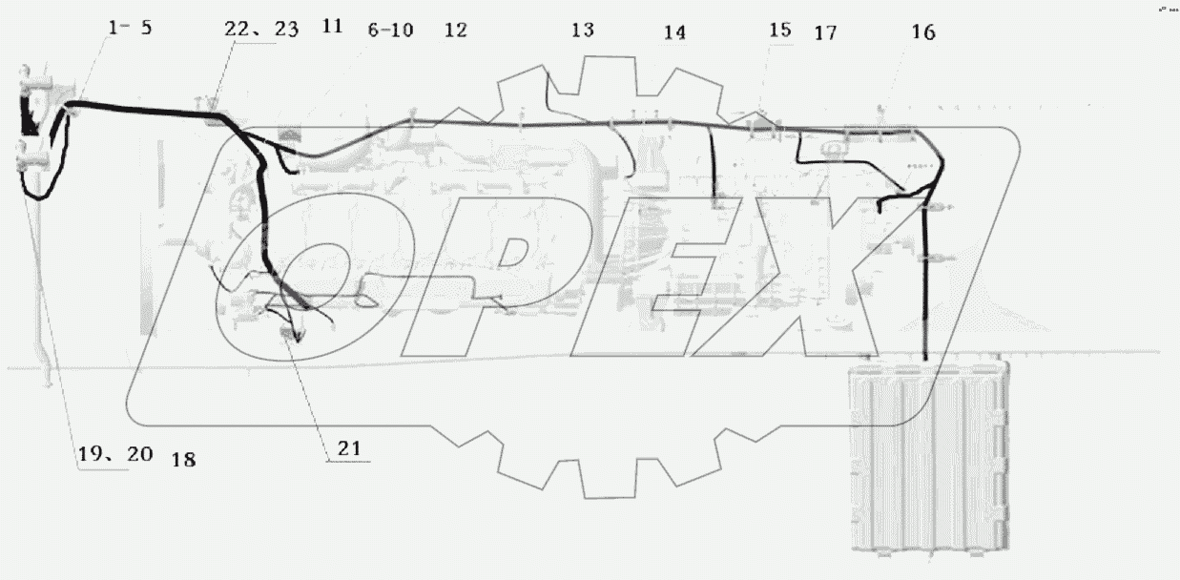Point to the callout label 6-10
390,30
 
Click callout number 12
455,30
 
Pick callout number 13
582,30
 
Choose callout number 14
674,32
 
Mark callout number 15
779,30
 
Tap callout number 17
825,33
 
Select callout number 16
922,32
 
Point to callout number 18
183,460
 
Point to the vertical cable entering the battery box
924,286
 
